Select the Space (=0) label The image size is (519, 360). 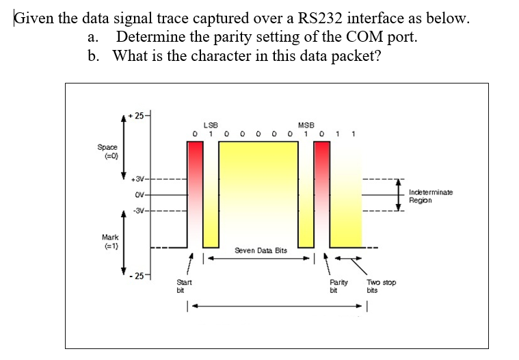107,151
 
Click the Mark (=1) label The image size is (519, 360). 107,241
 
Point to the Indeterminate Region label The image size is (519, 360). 429,196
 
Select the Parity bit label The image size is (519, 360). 338,285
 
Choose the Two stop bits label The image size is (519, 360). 382,285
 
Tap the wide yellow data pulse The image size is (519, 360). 260,192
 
